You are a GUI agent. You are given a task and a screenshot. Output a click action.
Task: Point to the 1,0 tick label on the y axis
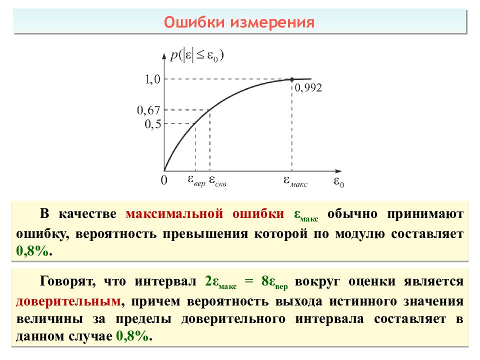[151, 79]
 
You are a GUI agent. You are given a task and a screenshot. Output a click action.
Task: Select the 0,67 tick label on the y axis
[148, 110]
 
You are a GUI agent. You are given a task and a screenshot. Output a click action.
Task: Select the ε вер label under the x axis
[195, 180]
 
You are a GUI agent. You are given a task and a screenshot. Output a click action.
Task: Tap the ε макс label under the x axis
[295, 181]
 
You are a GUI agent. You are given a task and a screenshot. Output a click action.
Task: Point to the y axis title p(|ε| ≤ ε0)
[196, 55]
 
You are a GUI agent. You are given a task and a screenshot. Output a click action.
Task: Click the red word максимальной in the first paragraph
[173, 214]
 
